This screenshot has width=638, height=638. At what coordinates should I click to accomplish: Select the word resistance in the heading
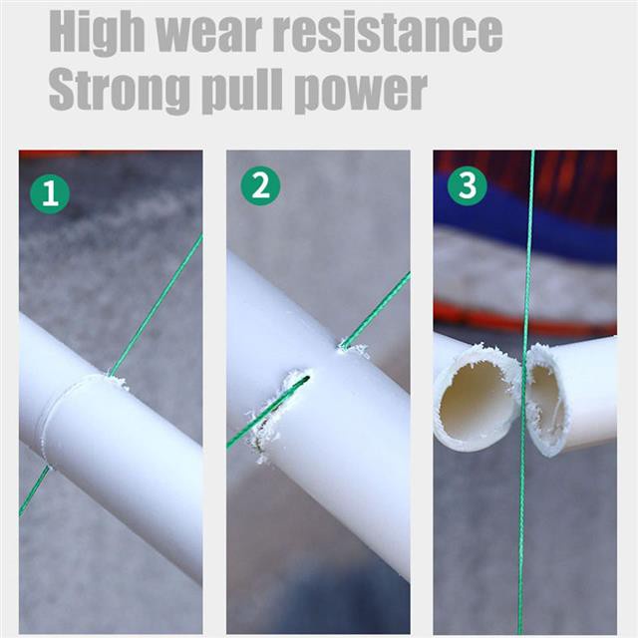click(x=387, y=32)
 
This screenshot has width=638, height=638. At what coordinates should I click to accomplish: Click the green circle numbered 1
click(x=50, y=194)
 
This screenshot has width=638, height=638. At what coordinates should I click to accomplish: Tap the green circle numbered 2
click(x=260, y=186)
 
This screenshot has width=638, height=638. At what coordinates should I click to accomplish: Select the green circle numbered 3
click(x=468, y=185)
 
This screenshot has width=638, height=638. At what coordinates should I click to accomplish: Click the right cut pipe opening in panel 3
click(x=546, y=401)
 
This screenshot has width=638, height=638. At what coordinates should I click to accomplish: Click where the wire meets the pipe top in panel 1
click(x=109, y=374)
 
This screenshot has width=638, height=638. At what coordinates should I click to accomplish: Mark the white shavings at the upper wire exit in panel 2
click(x=353, y=349)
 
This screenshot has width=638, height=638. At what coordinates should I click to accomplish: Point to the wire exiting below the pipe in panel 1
click(x=34, y=490)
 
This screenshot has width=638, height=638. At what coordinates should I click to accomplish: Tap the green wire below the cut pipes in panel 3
click(x=521, y=545)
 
